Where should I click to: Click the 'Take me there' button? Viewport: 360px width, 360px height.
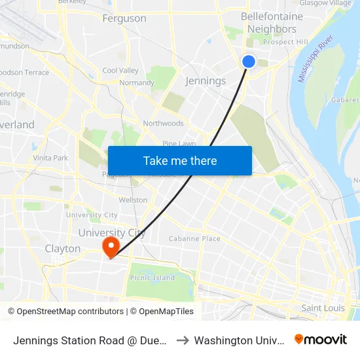pos(180,161)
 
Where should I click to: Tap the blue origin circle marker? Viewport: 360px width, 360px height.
pos(249,62)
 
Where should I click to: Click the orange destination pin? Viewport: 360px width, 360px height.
pos(111,247)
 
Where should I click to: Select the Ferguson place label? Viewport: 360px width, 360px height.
pos(124,18)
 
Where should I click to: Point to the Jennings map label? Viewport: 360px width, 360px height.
pos(206,81)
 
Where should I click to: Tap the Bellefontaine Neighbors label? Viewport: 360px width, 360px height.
pos(272,22)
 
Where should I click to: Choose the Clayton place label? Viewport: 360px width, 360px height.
pos(63,249)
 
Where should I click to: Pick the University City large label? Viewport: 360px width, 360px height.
pos(112,233)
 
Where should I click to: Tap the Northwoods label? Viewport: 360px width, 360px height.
pos(163,123)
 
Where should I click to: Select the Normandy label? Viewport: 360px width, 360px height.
pos(137,83)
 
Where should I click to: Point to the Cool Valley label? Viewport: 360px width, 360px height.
pos(120,71)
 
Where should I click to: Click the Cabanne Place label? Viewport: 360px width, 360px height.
pos(194,239)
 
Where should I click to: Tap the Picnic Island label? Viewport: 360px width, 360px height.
pos(153,278)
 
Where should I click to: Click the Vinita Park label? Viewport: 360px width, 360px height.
pos(50,158)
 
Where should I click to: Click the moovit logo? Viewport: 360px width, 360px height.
pos(320,340)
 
